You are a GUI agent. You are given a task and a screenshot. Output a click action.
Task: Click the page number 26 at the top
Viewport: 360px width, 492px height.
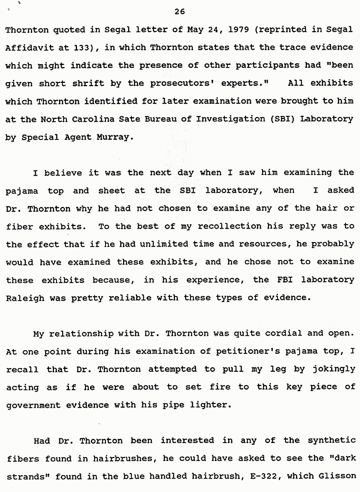[180, 11]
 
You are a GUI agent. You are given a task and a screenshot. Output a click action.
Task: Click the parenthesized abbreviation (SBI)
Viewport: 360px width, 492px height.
[279, 118]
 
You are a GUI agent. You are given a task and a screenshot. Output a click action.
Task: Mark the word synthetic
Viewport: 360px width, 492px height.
[332, 440]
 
